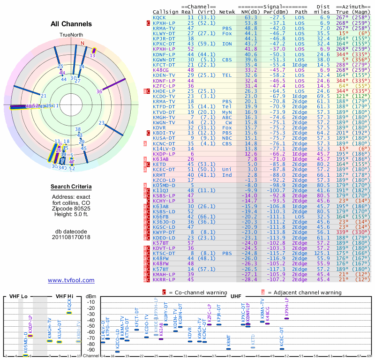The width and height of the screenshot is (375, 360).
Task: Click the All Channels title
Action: point(71,24)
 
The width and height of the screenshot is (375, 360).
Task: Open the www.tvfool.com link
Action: point(71,280)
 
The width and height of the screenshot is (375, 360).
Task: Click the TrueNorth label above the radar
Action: point(71,35)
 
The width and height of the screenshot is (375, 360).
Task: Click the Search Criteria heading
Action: point(71,187)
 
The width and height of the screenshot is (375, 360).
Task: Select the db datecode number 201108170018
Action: point(71,237)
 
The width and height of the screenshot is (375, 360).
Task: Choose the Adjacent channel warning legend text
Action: point(304,292)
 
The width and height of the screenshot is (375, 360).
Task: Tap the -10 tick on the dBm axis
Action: point(90,302)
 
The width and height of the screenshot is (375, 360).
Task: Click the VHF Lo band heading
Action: point(16,296)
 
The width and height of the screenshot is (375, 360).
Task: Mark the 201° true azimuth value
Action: point(344,133)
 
